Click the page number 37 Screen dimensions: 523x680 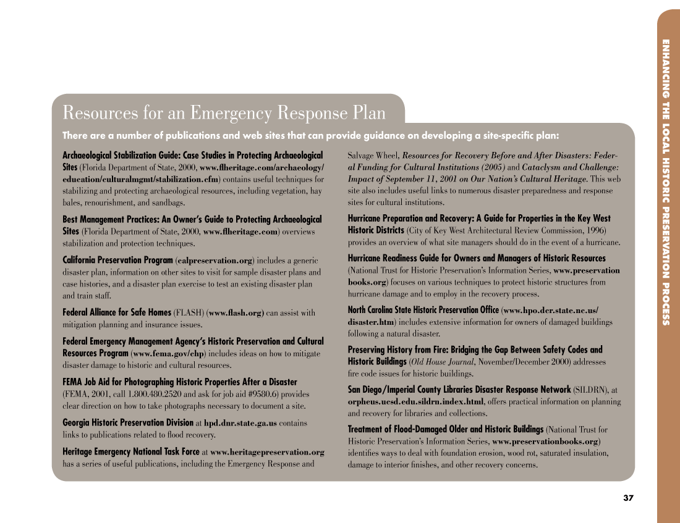[x=628, y=498]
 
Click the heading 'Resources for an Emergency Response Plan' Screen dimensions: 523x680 [x=224, y=113]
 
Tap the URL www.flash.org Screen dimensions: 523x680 [x=237, y=313]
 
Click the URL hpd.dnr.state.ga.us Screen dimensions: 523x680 [x=240, y=424]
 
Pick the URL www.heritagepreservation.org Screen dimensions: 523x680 [x=267, y=452]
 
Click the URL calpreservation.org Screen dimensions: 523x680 [x=215, y=261]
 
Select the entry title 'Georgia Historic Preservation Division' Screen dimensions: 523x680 [x=128, y=423]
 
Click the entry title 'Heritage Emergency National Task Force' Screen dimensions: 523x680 [x=131, y=452]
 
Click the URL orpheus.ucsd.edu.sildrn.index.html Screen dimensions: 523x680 [x=416, y=401]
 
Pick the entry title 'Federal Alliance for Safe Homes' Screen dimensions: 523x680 [x=117, y=313]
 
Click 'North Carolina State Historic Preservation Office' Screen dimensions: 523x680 [x=423, y=310]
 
